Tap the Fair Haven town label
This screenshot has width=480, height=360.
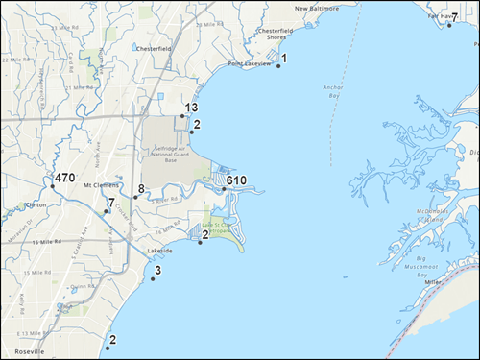pyautogui.click(x=442, y=16)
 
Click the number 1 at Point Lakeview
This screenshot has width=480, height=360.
pyautogui.click(x=284, y=59)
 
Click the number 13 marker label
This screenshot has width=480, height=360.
pyautogui.click(x=191, y=108)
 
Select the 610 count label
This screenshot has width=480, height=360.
pyautogui.click(x=237, y=180)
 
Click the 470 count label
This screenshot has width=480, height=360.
pyautogui.click(x=64, y=179)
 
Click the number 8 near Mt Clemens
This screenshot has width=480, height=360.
pyautogui.click(x=141, y=189)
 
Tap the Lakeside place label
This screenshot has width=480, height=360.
pyautogui.click(x=159, y=251)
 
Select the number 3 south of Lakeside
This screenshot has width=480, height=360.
pyautogui.click(x=157, y=272)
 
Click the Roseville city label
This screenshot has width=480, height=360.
pyautogui.click(x=29, y=352)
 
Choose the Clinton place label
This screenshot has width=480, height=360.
pyautogui.click(x=35, y=204)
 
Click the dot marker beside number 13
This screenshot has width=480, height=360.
pyautogui.click(x=182, y=116)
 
